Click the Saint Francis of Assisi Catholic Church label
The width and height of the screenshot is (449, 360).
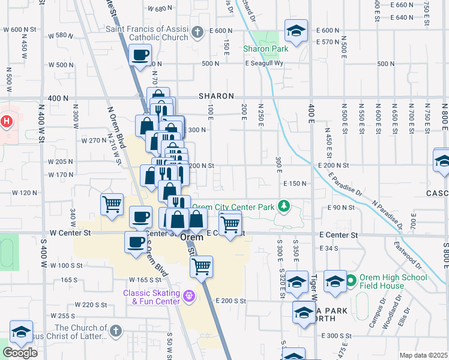(x=146, y=33)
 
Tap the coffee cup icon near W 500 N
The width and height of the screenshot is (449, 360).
(x=140, y=56)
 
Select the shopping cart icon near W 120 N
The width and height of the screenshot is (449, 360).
(x=112, y=205)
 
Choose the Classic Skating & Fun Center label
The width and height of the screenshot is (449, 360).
(x=151, y=297)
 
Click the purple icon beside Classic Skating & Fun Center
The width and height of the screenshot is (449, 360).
(x=190, y=296)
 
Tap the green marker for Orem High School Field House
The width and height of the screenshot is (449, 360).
(x=351, y=280)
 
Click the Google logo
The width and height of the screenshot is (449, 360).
(x=20, y=353)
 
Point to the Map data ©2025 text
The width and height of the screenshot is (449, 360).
(x=423, y=355)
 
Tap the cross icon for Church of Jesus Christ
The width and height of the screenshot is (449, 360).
(x=116, y=331)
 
